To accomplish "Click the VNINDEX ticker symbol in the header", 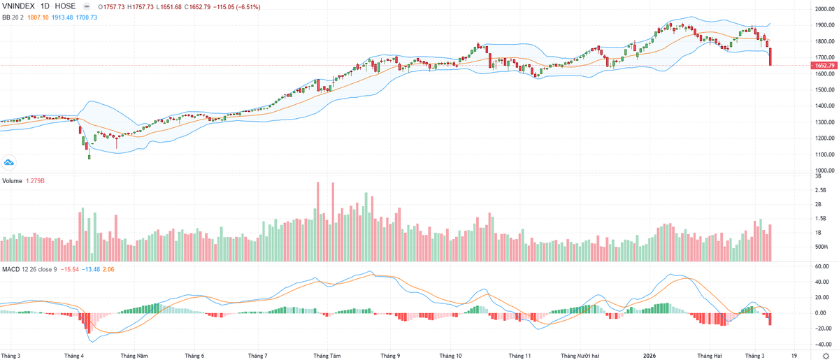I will point(19,6).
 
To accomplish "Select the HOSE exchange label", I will point(66,6).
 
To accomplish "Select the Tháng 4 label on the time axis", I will point(73,355).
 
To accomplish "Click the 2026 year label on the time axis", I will point(650,355).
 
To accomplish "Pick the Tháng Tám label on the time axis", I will point(327,355).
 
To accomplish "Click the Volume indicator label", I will point(12,181).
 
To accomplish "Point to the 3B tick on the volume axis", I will point(817,176).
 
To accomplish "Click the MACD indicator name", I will point(10,268).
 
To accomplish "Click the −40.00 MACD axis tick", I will point(821,343).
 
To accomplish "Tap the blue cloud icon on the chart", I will point(9,162).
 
